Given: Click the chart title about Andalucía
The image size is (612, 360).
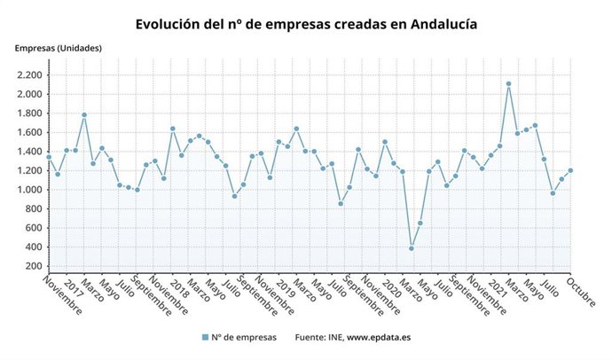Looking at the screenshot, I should pyautogui.click(x=306, y=24).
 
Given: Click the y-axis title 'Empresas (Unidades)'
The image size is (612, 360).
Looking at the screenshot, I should pyautogui.click(x=58, y=48).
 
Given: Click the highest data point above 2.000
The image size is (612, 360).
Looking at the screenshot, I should pyautogui.click(x=508, y=84).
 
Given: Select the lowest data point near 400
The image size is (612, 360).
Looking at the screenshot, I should pyautogui.click(x=412, y=248).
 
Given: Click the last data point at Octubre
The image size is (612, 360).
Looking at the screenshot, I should pyautogui.click(x=570, y=170).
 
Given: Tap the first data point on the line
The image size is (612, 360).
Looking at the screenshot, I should pyautogui.click(x=49, y=157).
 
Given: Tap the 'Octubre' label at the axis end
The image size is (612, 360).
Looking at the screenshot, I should pyautogui.click(x=581, y=293).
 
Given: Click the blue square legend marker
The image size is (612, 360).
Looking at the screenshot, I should pyautogui.click(x=205, y=337).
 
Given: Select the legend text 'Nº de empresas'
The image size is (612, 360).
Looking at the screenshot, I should pyautogui.click(x=244, y=337).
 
